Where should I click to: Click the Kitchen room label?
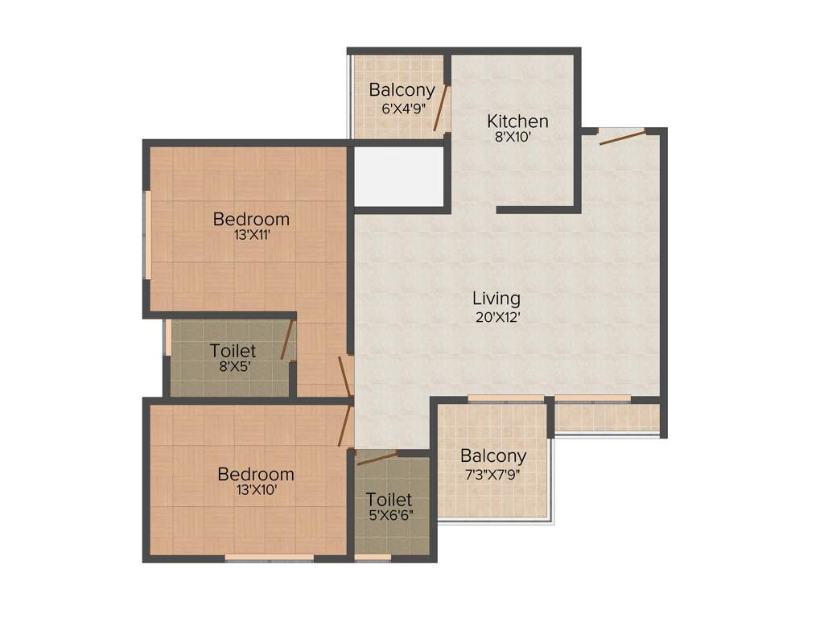point(517,122)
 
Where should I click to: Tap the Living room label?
point(496,299)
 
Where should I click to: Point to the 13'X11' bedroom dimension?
point(251,236)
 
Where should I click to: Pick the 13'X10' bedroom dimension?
point(256,490)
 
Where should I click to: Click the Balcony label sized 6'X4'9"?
point(402,90)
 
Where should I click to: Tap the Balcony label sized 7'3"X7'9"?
point(493,456)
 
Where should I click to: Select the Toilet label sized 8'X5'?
point(233,351)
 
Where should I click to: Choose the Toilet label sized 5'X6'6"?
point(389,500)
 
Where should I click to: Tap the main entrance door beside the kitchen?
point(622,137)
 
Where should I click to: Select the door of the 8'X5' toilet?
point(286,340)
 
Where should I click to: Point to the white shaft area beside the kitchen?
point(400,176)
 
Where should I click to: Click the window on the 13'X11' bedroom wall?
point(148,234)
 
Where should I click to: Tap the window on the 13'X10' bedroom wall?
point(269,557)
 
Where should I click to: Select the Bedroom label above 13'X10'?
point(256,474)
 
